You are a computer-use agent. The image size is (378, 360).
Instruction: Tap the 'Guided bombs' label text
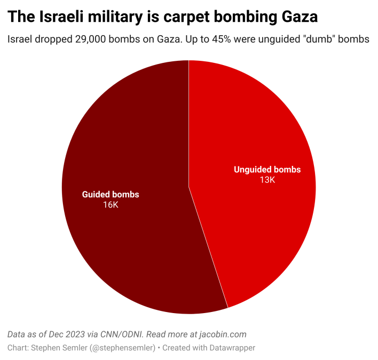point(111,195)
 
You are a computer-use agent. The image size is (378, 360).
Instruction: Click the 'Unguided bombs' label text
point(267,170)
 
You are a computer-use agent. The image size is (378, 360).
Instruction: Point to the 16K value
point(111,205)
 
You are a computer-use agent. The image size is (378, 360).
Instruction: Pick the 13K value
point(267,180)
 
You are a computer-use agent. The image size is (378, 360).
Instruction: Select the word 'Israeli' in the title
point(62,18)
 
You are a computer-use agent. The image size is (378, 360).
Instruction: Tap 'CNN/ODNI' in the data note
point(122,334)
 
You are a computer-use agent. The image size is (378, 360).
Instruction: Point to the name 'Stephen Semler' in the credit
point(53,348)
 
